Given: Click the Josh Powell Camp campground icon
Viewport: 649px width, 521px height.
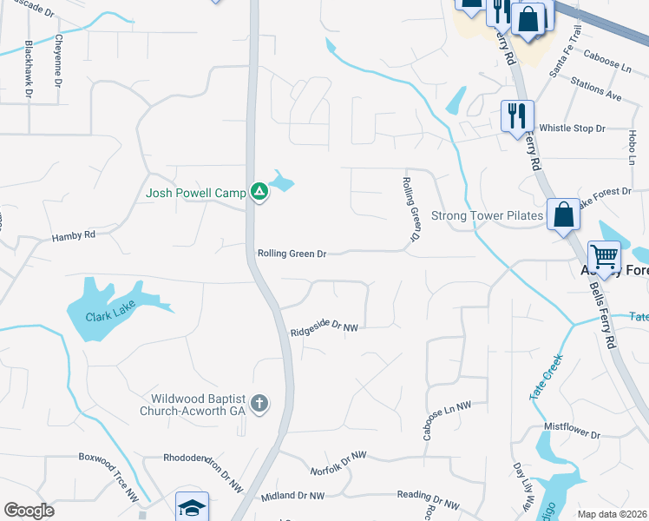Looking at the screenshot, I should (x=259, y=191).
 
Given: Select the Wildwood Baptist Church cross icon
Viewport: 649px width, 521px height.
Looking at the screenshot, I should (x=259, y=403).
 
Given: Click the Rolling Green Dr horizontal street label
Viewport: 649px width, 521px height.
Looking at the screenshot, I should (x=292, y=254).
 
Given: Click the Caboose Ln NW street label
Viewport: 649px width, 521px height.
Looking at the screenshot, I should (x=447, y=421).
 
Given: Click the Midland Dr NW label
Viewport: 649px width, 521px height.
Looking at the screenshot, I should (x=292, y=496).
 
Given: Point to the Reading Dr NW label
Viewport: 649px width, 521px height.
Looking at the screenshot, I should (x=428, y=501).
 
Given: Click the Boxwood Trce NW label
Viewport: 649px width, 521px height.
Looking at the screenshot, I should (x=109, y=474).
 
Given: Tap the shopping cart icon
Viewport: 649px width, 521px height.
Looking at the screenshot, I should (x=605, y=256).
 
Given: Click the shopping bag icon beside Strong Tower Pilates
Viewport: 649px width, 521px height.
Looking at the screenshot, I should (x=563, y=213).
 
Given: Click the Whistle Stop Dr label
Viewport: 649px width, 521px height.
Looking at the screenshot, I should (x=572, y=129).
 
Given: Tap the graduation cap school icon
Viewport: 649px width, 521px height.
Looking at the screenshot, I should (x=192, y=507).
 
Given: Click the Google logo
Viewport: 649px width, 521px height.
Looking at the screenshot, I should (x=29, y=511).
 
